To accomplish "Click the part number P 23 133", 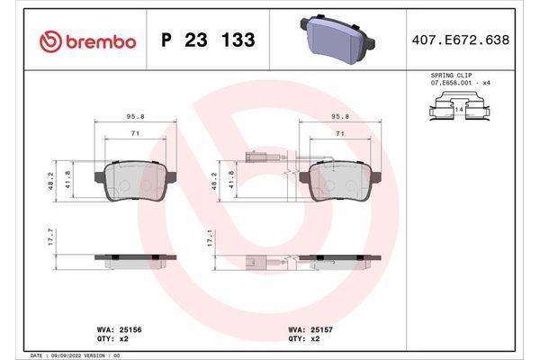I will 207,40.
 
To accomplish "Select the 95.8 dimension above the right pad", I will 341,115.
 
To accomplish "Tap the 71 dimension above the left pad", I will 137,132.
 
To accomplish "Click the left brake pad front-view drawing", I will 138,183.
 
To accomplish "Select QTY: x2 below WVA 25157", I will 306,339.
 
